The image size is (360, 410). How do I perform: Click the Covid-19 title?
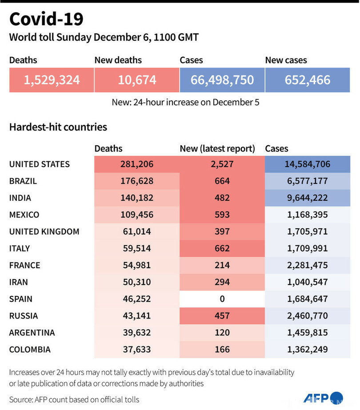[x=46, y=20]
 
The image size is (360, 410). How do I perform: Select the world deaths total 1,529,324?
[x=52, y=80]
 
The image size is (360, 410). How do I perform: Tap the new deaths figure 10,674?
[x=137, y=80]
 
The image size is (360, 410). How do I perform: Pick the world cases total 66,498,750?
[x=222, y=80]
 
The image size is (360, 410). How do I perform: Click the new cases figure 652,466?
[x=308, y=80]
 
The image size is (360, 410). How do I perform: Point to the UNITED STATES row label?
[x=40, y=164]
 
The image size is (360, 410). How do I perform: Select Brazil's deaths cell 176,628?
[x=137, y=181]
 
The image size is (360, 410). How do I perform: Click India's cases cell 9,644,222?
[x=308, y=198]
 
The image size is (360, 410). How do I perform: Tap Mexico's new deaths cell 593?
[x=222, y=215]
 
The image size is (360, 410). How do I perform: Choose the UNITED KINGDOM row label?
[x=44, y=232]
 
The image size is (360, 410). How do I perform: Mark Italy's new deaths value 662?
[x=222, y=249]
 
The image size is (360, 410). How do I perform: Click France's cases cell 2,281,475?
[x=308, y=266]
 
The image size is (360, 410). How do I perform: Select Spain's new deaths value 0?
[x=222, y=299]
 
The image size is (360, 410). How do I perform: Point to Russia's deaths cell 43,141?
[x=137, y=316]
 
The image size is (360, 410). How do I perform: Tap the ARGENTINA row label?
[x=32, y=333]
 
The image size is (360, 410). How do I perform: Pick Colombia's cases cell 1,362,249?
[x=308, y=350]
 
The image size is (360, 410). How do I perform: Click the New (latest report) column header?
[x=217, y=149]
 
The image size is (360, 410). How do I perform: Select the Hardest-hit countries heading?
[x=58, y=127]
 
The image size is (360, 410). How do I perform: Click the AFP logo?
[x=324, y=398]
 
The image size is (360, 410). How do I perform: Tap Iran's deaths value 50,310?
[x=137, y=283]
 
